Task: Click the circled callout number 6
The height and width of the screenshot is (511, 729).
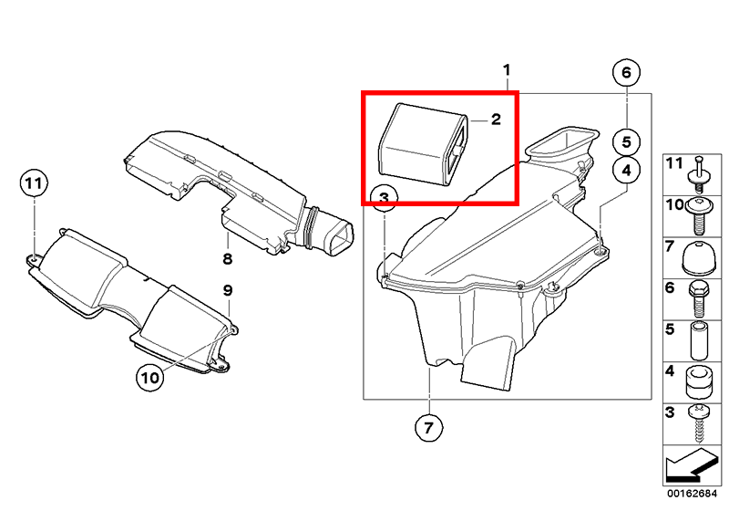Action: [x=626, y=73]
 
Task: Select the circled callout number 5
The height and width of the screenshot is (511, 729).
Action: [x=626, y=142]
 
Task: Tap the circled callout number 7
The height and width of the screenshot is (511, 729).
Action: [x=428, y=427]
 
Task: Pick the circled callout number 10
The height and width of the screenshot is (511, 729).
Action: [x=150, y=378]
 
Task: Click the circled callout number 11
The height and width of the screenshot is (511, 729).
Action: [x=34, y=183]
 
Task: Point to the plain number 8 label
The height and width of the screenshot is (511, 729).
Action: [x=227, y=258]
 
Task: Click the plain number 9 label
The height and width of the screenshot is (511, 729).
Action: [x=227, y=290]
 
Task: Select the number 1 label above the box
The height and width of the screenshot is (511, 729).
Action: [x=507, y=70]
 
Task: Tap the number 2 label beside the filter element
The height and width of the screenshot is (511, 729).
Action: [x=496, y=120]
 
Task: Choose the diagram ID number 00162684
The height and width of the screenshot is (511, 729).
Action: [x=693, y=494]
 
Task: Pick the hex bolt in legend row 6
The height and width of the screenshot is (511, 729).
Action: [x=698, y=298]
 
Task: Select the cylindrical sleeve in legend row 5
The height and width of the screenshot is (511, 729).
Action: [x=699, y=340]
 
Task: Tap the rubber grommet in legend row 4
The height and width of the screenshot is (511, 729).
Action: [x=699, y=382]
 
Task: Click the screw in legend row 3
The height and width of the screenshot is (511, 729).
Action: [x=699, y=423]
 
